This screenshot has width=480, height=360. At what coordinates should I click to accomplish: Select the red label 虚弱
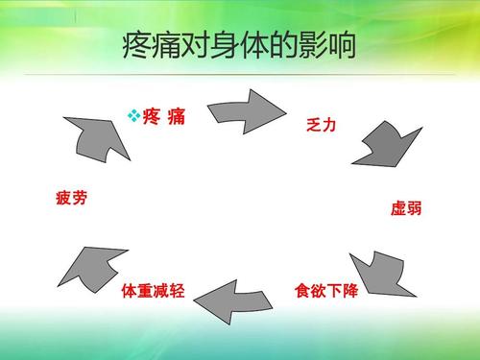click(x=405, y=208)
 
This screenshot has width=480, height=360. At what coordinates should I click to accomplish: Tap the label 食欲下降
click(x=325, y=290)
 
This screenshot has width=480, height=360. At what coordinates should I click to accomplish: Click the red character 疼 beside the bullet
click(x=152, y=117)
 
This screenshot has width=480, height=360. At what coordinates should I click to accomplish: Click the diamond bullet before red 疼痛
click(x=134, y=116)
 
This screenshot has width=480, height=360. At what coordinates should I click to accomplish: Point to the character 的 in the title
click(x=275, y=44)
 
